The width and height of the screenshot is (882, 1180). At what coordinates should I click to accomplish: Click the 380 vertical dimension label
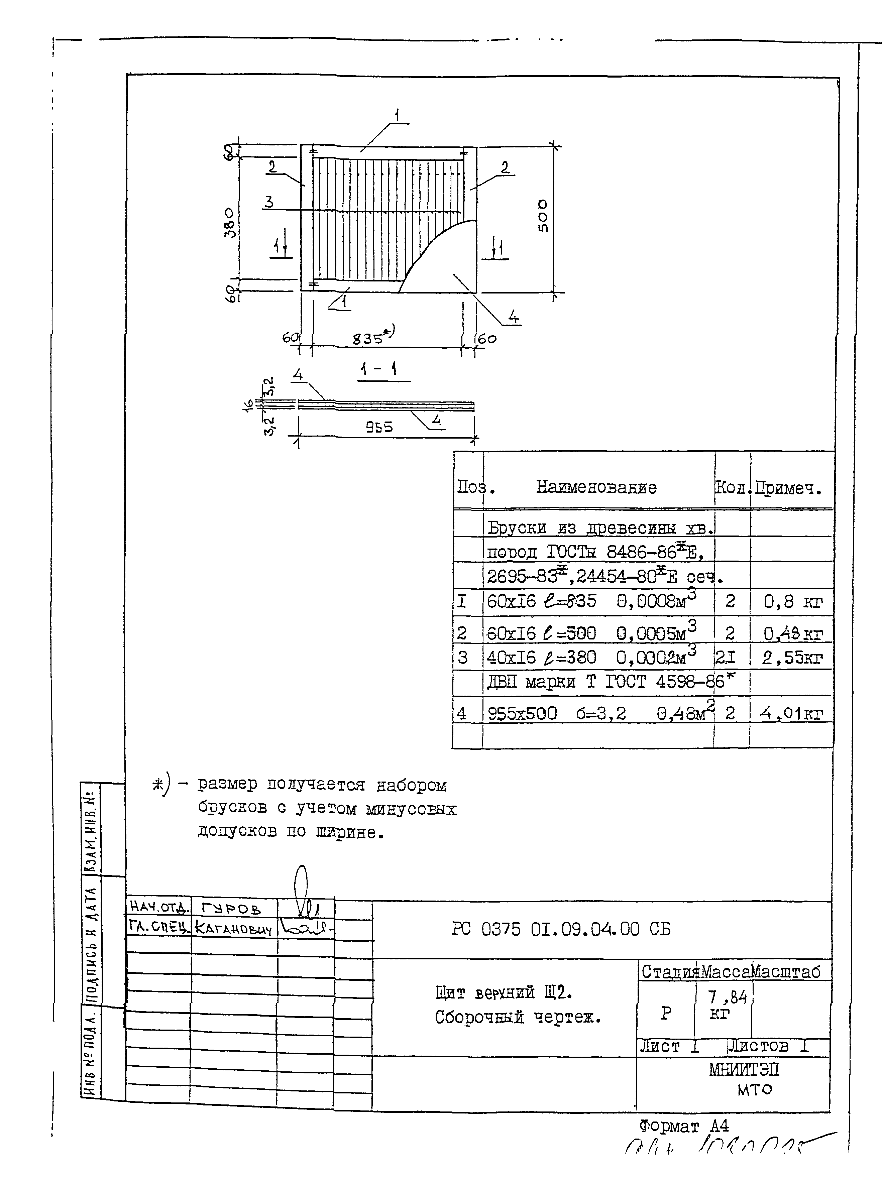(229, 222)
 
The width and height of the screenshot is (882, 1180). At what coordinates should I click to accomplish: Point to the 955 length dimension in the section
(379, 427)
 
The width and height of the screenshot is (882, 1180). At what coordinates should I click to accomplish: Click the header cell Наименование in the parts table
(596, 487)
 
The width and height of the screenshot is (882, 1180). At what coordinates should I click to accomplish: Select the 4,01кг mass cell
(791, 713)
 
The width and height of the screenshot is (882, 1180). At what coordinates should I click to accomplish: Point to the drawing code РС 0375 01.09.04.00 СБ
(561, 929)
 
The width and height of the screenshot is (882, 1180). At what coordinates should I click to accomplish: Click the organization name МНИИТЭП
(744, 1070)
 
